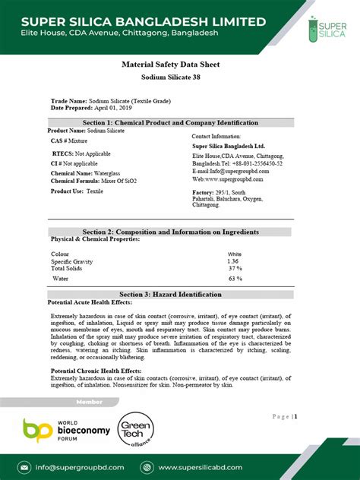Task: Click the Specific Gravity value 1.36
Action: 233,261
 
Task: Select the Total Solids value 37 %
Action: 235,269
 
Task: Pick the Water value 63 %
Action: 235,279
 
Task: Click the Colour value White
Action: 235,254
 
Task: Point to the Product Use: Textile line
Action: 77,191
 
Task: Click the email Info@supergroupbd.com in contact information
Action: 229,172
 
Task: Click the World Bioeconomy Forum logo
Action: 66,432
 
